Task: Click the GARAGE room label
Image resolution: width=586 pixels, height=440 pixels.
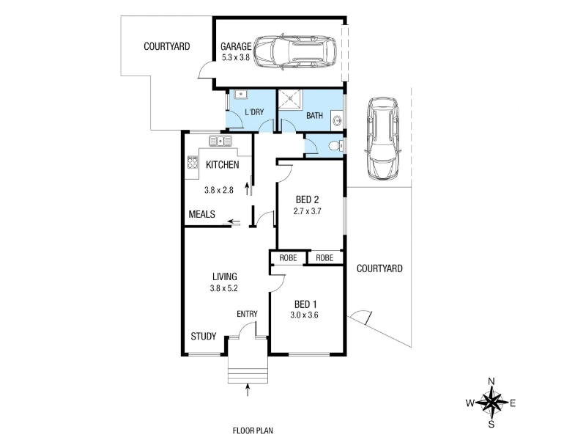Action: [x=236, y=46]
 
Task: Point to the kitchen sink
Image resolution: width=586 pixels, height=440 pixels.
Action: [x=220, y=141]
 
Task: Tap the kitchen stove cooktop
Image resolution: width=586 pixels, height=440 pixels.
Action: [x=193, y=162]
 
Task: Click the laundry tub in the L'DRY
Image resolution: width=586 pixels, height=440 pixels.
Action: [x=241, y=94]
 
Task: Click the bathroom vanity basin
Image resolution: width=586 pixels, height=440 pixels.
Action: [x=338, y=120]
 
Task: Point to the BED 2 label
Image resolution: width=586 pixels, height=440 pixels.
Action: [x=307, y=199]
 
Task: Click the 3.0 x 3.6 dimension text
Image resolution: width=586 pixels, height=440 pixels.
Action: [x=304, y=315]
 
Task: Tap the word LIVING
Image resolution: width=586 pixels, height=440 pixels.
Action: [x=225, y=276]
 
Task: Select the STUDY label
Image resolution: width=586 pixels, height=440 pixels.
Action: [x=204, y=337]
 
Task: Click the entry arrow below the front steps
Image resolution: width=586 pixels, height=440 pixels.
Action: [x=248, y=389]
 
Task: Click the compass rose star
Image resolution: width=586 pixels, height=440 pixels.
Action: [x=492, y=403]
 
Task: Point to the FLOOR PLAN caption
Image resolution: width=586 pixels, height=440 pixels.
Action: [x=253, y=430]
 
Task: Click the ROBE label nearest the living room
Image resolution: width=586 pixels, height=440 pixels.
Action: [x=288, y=258]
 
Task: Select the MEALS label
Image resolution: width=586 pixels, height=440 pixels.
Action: [x=202, y=214]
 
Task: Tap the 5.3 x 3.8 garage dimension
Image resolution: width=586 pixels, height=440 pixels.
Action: [x=236, y=58]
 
